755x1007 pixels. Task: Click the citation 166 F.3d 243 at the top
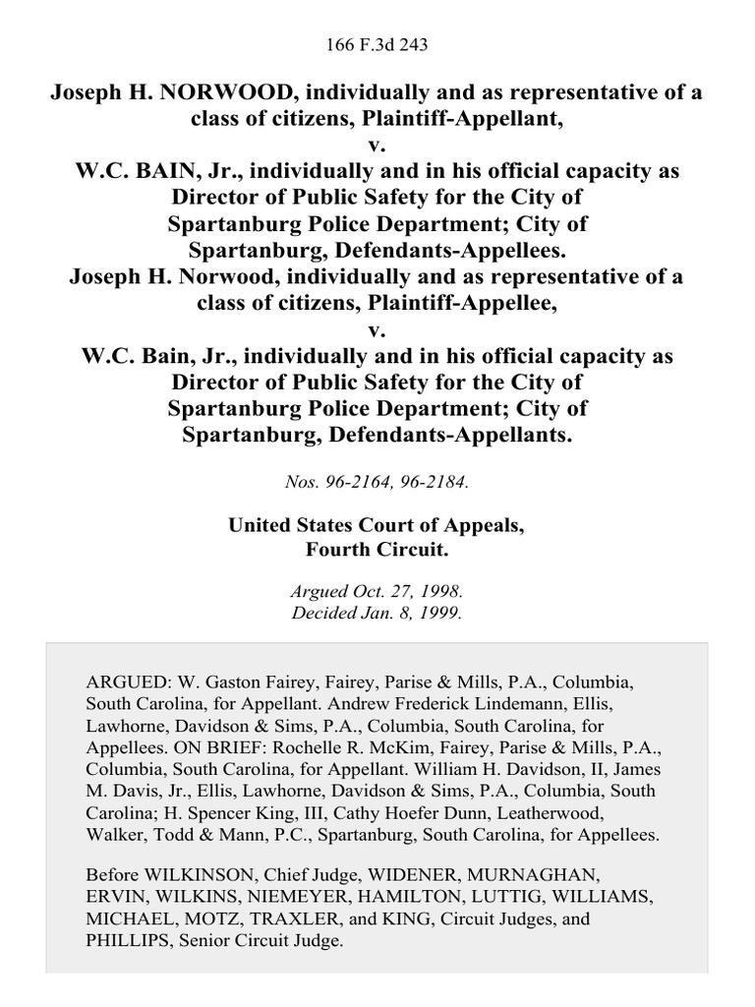377,44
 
